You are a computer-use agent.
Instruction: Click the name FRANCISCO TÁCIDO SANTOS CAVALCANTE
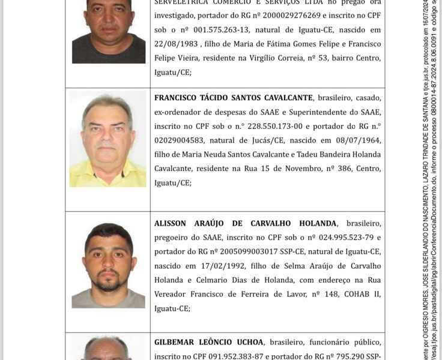click(x=234, y=98)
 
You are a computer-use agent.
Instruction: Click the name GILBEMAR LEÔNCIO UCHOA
click(x=208, y=342)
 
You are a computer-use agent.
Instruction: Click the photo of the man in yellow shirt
click(x=107, y=139)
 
